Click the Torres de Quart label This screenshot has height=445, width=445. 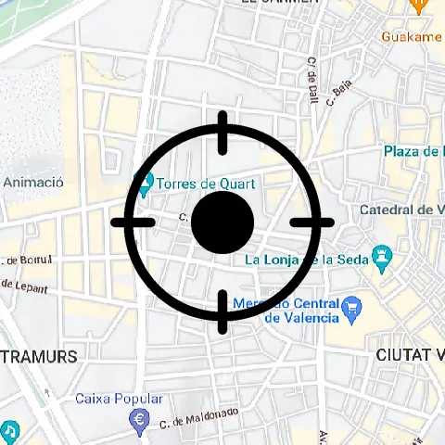click(206, 184)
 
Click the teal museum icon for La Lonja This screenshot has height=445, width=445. click(380, 255)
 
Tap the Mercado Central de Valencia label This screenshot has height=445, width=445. click(285, 311)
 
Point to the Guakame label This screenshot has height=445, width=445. click(412, 36)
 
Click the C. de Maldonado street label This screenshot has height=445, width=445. click(199, 416)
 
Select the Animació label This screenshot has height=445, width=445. click(33, 183)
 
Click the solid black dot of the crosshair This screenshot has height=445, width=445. click(222, 222)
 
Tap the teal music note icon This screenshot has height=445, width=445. click(8, 431)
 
